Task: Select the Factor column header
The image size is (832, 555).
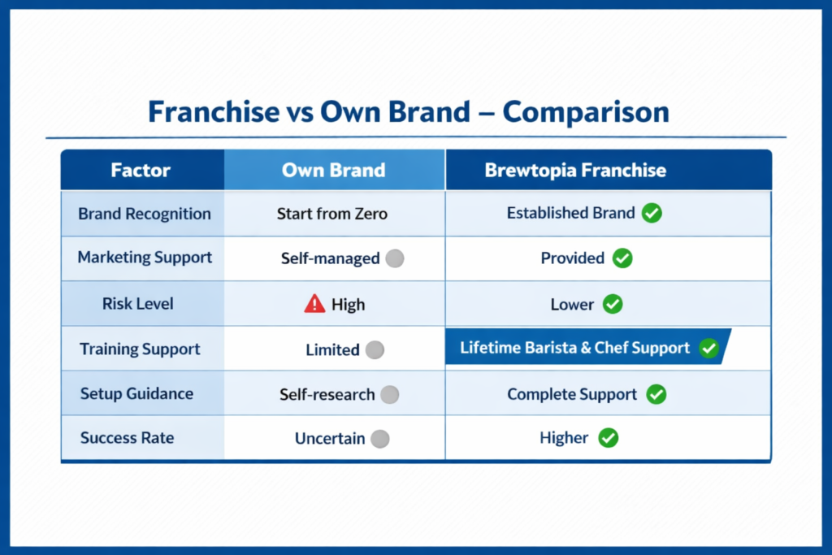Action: (141, 171)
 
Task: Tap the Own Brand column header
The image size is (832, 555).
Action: (333, 171)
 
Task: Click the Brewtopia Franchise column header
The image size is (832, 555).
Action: (575, 171)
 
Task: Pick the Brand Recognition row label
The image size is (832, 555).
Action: (145, 215)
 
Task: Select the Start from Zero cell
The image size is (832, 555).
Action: (332, 215)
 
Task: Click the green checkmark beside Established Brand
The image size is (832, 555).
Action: (652, 214)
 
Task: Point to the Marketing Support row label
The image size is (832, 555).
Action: (145, 258)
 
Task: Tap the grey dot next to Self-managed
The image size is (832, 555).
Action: (394, 259)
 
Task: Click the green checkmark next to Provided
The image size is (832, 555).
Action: (622, 258)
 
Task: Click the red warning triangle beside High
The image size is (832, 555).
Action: (314, 305)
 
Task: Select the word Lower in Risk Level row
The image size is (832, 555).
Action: (572, 305)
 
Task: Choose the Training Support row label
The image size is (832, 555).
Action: (140, 349)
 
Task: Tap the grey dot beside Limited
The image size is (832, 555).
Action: (375, 350)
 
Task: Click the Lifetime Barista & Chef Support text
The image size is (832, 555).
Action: (574, 348)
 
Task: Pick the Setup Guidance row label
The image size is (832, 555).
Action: (136, 394)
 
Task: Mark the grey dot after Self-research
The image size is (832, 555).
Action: (390, 395)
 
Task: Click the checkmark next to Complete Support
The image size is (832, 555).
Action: (656, 395)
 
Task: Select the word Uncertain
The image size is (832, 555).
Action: (330, 439)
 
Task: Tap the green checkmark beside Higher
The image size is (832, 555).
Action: (608, 438)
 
